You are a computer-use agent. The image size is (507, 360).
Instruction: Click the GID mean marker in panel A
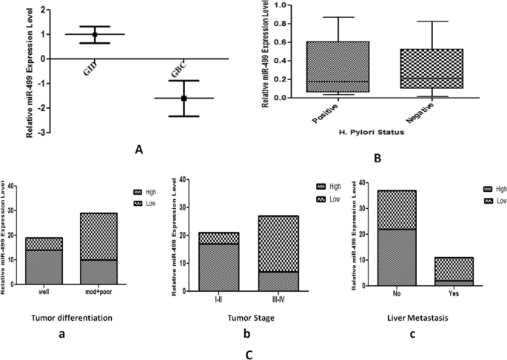(x=95, y=35)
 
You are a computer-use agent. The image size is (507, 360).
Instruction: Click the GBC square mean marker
(x=184, y=98)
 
